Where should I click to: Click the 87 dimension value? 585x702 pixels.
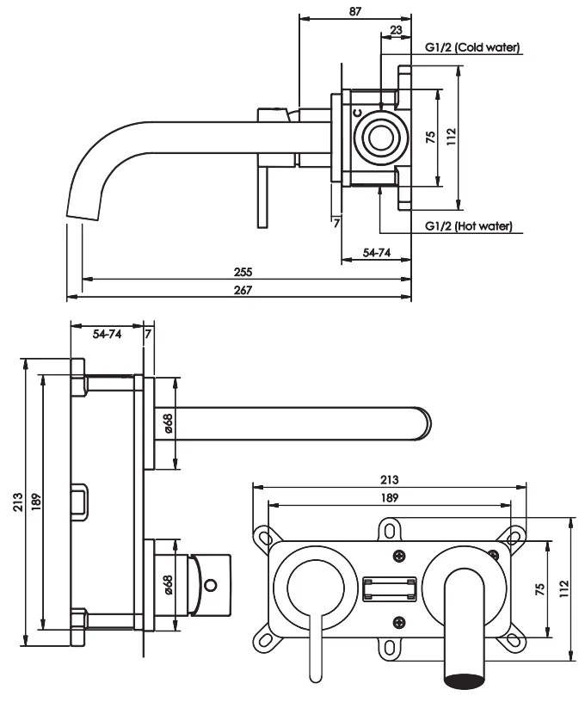coord(355,11)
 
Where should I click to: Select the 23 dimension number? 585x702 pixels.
coord(395,29)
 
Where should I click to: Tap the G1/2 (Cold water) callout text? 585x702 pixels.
coord(472,48)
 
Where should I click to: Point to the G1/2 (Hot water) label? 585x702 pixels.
coord(469,226)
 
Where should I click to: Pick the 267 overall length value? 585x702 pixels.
coord(243,290)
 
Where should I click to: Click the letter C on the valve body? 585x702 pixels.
coord(356,113)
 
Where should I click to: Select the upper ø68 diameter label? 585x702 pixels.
coord(169,423)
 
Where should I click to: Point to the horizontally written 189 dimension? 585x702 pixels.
coord(389,498)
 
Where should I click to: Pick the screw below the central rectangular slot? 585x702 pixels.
coord(397,622)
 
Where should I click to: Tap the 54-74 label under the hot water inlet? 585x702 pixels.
coord(375,253)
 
